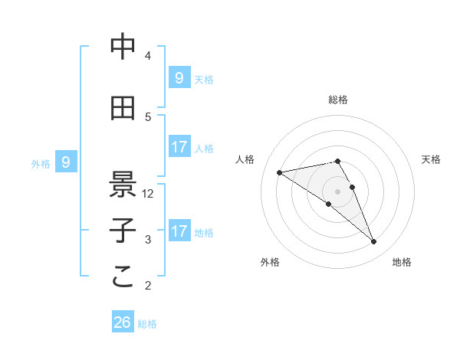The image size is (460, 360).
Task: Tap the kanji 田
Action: [123, 109]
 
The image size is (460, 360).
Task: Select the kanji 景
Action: [123, 184]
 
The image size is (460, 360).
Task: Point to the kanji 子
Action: [123, 231]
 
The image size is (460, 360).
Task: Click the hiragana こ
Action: [123, 277]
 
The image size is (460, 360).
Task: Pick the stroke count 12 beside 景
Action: [149, 194]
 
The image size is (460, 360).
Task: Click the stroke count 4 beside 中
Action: [148, 56]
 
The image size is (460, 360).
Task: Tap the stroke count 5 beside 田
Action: [148, 117]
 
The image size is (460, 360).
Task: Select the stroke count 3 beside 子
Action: [148, 240]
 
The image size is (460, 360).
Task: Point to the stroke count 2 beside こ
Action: [148, 286]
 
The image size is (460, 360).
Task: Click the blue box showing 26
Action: [122, 322]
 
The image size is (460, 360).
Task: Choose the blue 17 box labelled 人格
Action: [179, 147]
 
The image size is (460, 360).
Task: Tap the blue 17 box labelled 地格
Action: [179, 231]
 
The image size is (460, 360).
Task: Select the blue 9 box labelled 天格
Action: [179, 77]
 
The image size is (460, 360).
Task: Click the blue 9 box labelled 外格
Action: [66, 162]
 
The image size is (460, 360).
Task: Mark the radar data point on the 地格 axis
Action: [373, 242]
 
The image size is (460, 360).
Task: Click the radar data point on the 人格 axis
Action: [279, 172]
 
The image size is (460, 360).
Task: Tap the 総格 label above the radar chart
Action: [338, 100]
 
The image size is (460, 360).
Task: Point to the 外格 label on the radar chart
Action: [270, 262]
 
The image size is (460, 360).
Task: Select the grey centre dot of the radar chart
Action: [337, 191]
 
